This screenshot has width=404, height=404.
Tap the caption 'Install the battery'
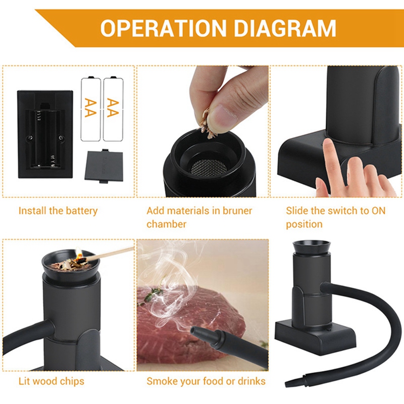(58, 211)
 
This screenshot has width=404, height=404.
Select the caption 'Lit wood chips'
(52, 381)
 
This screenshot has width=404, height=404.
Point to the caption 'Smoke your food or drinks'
(206, 381)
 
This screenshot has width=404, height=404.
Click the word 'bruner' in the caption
(234, 211)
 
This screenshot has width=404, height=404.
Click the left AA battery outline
(91, 108)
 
